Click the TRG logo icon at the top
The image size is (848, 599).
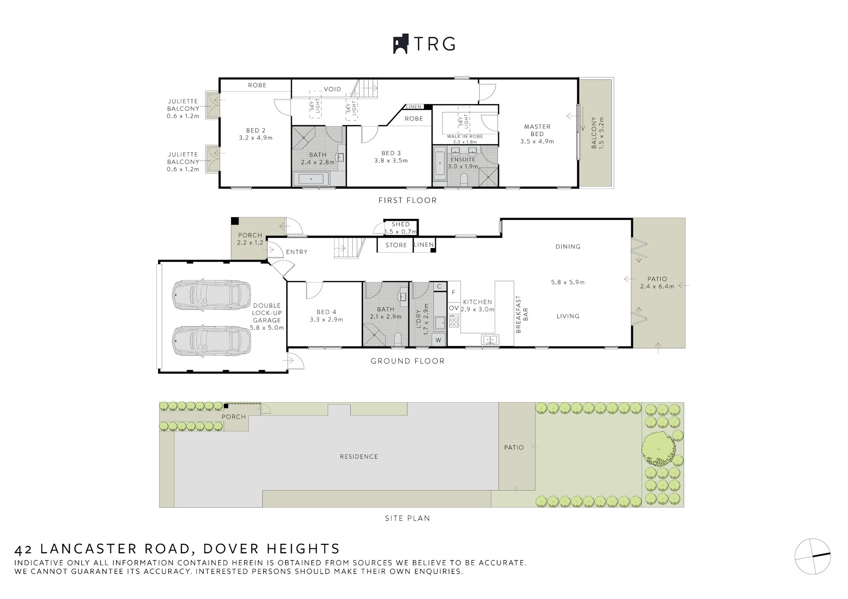pos(401,44)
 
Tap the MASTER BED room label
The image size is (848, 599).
pos(537,130)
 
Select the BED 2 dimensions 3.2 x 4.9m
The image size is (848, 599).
pos(256,138)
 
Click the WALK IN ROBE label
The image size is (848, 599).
pos(465,136)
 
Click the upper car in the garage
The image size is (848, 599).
pos(212,294)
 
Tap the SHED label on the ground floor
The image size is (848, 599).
pos(401,224)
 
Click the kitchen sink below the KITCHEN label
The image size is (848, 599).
pos(489,339)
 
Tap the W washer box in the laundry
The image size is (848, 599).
pos(439,340)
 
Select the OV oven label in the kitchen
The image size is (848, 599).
pos(454,308)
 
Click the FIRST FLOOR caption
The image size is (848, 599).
pos(407,200)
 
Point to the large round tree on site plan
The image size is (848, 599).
pos(659,449)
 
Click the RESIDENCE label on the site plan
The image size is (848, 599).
pos(359,457)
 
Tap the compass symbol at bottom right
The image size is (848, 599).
pos(813,556)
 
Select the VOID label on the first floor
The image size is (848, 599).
pos(332,89)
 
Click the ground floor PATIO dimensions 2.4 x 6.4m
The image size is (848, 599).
pos(657,286)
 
